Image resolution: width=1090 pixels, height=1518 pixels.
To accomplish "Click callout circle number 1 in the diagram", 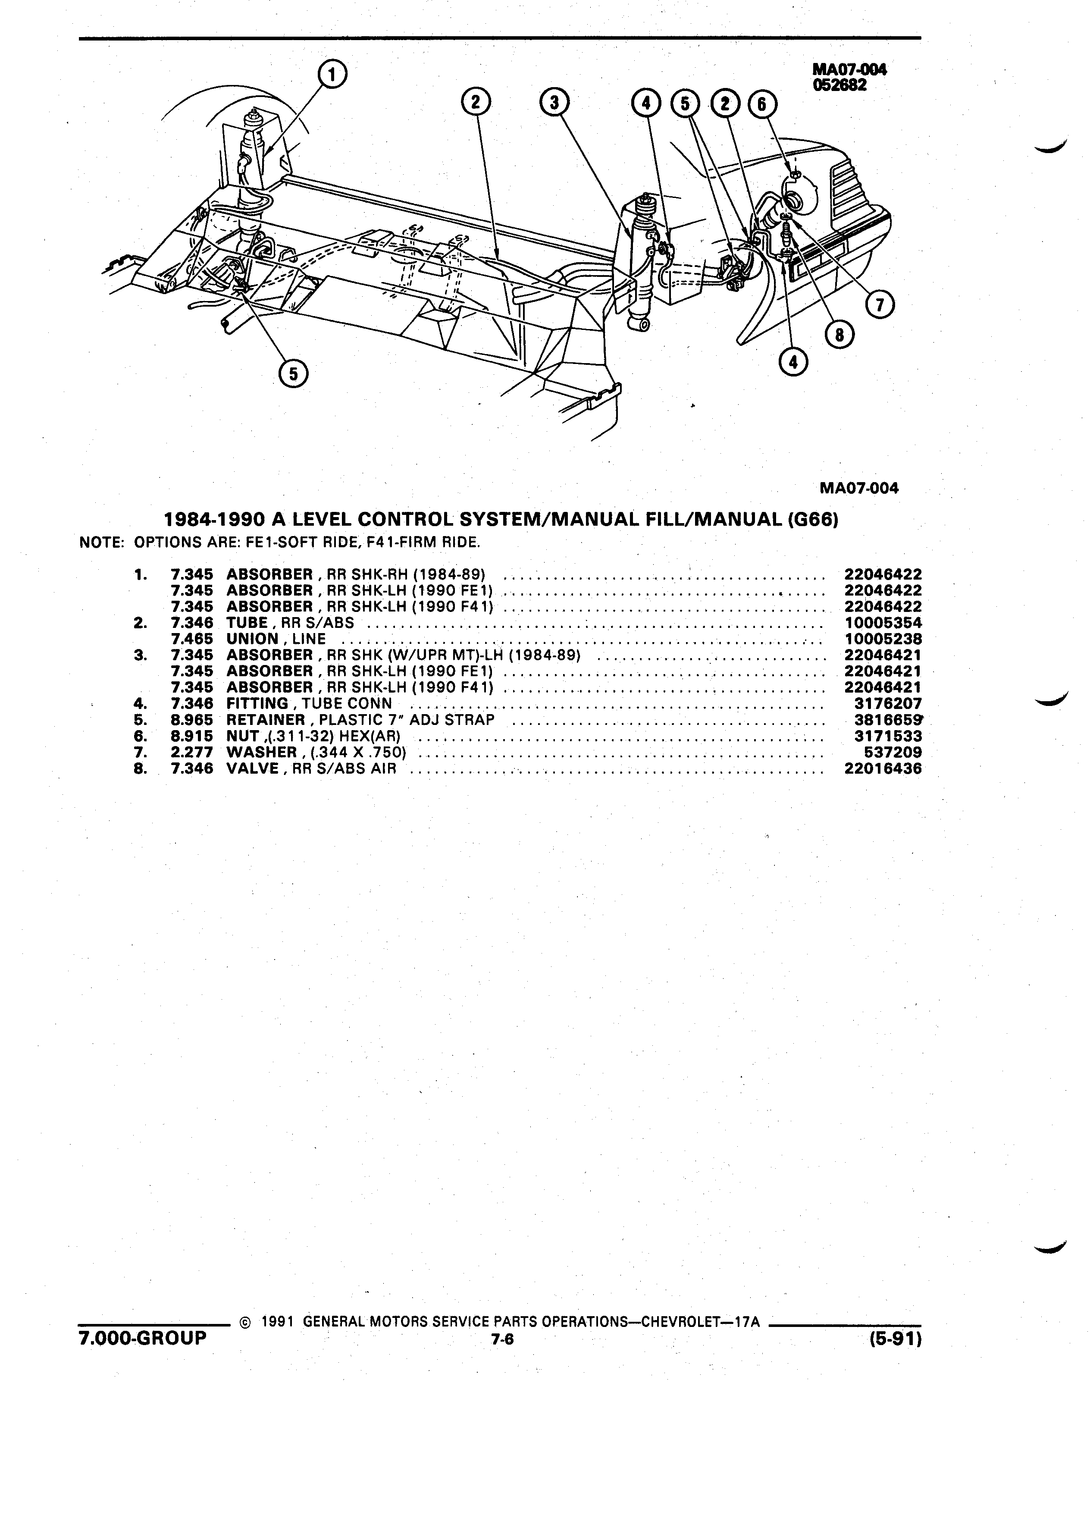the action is coord(332,75).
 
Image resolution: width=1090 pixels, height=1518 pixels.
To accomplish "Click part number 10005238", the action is coord(883,639).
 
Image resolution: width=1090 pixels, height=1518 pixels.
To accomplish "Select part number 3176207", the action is coord(887,703).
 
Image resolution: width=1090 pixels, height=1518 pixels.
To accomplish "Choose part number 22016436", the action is coord(883,768).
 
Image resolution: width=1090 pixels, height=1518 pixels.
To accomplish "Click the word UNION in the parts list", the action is coord(252,639).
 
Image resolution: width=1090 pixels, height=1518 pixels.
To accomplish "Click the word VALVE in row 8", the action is coord(252,768).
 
